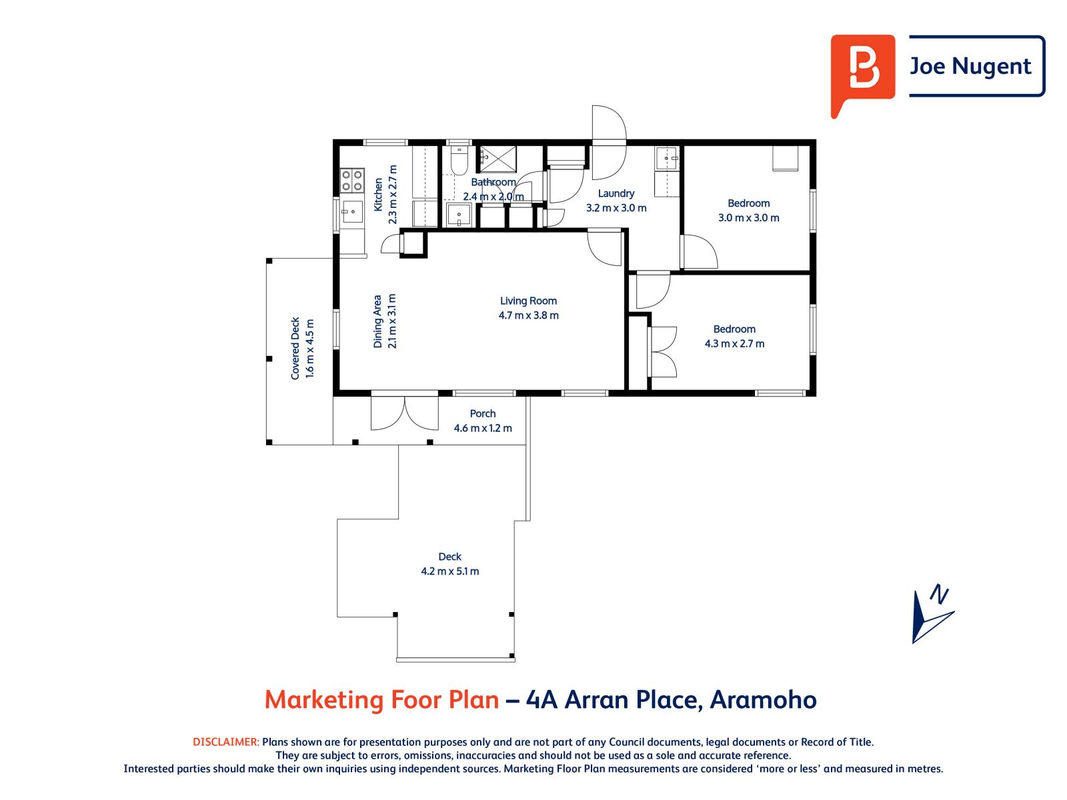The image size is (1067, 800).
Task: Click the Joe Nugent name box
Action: (x=976, y=66)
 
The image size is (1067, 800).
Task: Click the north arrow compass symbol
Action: (x=931, y=614)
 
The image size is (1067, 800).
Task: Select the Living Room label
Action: (x=528, y=301)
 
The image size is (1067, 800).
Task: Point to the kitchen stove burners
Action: (x=352, y=179)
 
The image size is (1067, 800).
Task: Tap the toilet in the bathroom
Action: (x=459, y=160)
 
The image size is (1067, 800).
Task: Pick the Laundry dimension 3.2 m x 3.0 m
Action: (x=616, y=208)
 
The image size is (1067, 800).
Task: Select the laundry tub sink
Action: (x=666, y=159)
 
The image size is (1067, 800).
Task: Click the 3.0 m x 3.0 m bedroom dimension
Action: (x=748, y=218)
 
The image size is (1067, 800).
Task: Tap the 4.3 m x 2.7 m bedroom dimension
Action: (x=734, y=344)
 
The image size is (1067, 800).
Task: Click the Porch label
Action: (x=483, y=413)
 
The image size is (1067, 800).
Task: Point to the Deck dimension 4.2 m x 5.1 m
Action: (x=449, y=571)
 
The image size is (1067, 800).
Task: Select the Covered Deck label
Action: (x=295, y=348)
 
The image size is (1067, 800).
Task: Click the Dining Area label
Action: (x=378, y=321)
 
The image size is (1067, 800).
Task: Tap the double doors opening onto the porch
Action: (x=405, y=413)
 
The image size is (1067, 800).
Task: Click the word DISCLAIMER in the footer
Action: (x=225, y=742)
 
